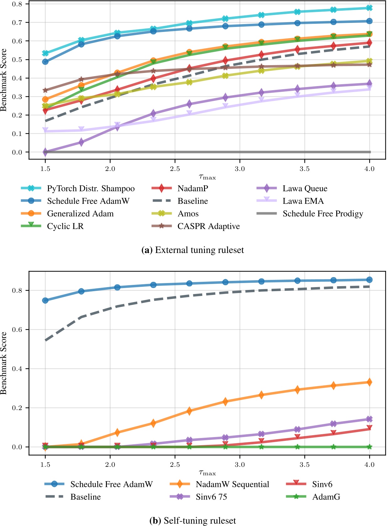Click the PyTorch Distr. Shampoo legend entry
coord(91,188)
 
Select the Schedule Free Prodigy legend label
coord(323,214)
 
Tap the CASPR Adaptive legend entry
coord(208,226)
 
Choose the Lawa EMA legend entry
coord(303,201)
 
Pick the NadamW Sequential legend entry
coord(232,484)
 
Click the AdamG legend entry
coord(326,497)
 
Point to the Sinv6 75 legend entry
coord(211,497)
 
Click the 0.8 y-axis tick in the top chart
coord(18,4)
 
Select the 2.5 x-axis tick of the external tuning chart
coord(175,169)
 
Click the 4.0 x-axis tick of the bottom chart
coord(369,465)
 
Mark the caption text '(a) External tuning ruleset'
coord(193,250)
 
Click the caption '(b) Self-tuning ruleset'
coord(193,521)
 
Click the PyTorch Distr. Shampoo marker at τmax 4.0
coord(369,8)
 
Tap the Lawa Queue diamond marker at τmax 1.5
coord(45,152)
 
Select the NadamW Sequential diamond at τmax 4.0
coord(369,382)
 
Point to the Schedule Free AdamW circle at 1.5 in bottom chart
coord(45,301)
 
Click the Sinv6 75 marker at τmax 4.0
coord(369,419)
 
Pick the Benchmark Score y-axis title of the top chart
coord(4,80)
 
